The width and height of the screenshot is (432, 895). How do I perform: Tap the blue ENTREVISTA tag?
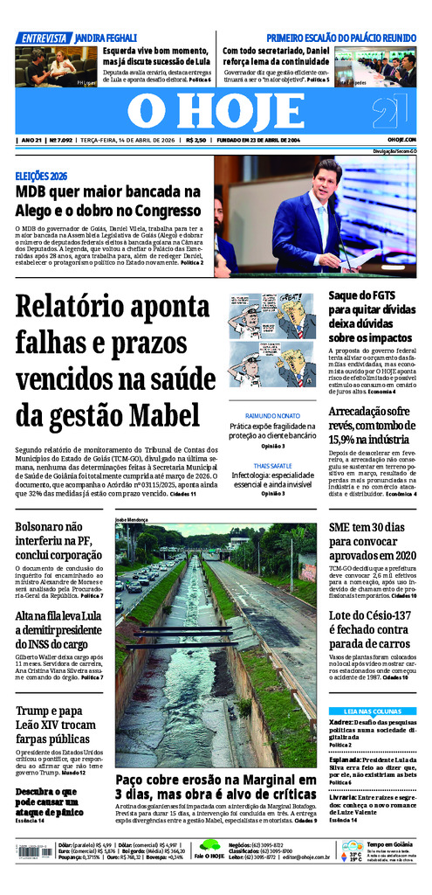click(x=44, y=38)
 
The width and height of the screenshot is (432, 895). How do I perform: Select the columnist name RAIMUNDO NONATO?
click(x=271, y=415)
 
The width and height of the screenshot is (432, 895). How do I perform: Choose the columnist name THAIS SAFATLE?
click(x=271, y=466)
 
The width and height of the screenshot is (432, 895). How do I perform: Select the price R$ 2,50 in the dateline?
click(x=195, y=140)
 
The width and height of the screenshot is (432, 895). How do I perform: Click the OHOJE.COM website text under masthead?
click(x=401, y=140)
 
